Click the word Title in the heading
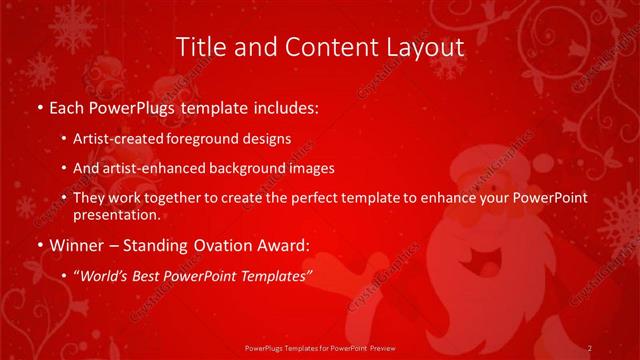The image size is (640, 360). click(x=199, y=47)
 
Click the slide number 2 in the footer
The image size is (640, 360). click(x=590, y=347)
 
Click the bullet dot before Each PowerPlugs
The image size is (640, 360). click(x=39, y=106)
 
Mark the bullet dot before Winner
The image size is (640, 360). click(x=39, y=245)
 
